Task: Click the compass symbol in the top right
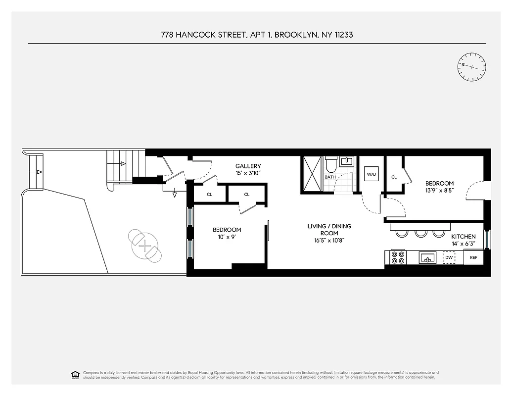click(472, 67)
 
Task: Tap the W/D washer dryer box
click(371, 174)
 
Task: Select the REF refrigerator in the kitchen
click(473, 257)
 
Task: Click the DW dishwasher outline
click(449, 257)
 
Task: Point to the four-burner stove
click(398, 257)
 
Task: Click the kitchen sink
click(427, 257)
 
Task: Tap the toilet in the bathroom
click(331, 163)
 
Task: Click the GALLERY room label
click(248, 166)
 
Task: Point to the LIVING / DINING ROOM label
click(329, 230)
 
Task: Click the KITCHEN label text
click(463, 237)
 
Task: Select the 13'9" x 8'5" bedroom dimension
click(439, 191)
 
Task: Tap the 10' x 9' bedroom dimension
click(227, 237)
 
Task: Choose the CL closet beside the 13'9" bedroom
click(394, 177)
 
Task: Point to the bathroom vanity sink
click(348, 161)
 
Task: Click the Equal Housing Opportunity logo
click(76, 374)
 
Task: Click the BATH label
click(330, 177)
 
